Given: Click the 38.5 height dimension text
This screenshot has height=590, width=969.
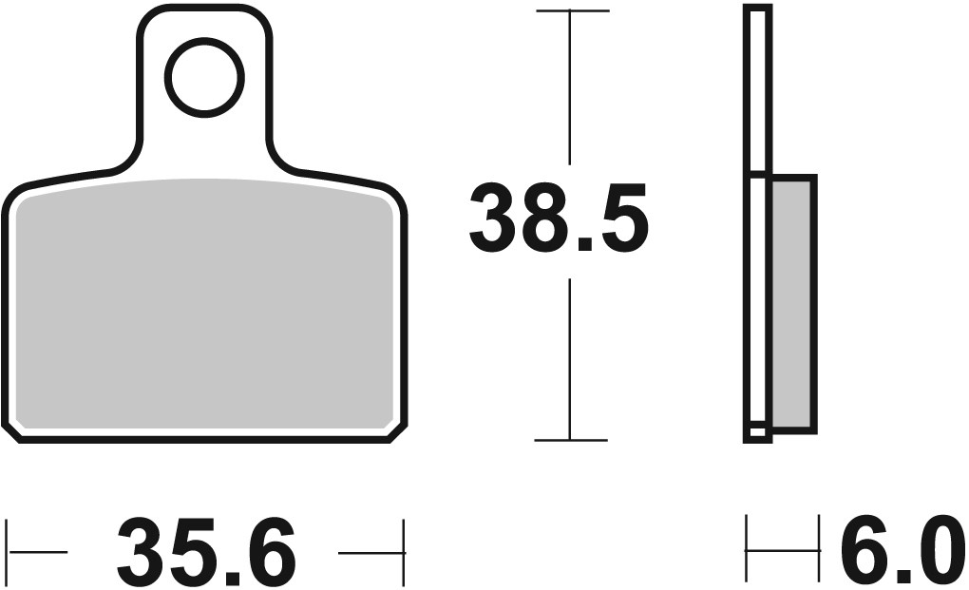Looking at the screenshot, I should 559,220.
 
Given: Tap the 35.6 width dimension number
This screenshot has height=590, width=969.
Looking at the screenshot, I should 207,552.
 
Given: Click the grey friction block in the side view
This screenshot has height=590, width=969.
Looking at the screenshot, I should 792,302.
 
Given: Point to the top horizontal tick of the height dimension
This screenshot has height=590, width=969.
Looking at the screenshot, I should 571,10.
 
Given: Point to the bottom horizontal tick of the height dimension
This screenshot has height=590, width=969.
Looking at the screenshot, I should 571,440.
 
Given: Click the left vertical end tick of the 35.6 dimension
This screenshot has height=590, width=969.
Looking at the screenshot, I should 9,552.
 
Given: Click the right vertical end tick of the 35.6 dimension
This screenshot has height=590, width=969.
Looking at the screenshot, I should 405,552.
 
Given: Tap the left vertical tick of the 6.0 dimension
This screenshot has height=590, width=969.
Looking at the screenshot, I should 748,550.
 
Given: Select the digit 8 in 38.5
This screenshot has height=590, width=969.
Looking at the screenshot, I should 559,220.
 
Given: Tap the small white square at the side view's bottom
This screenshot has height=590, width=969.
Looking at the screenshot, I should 757,433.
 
